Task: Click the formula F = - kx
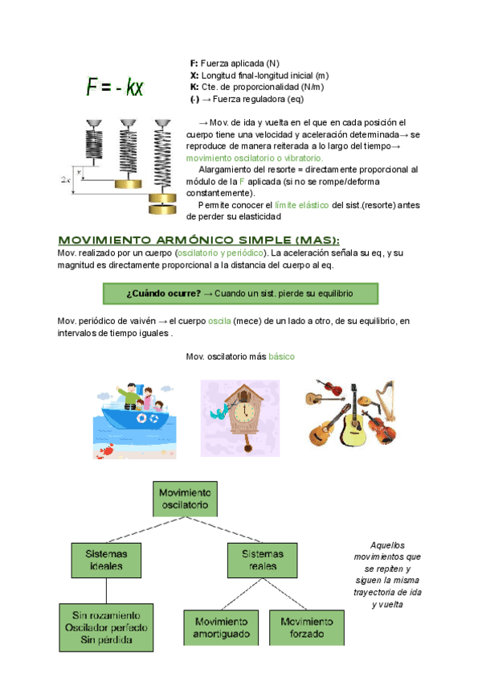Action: tap(115, 87)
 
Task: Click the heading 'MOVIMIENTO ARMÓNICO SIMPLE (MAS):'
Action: tap(198, 240)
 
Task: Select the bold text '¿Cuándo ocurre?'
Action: tap(164, 294)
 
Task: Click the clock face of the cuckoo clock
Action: tap(240, 403)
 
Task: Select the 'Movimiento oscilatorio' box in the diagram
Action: tap(185, 499)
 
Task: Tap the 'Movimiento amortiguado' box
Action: tap(220, 628)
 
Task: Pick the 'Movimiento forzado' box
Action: tap(306, 628)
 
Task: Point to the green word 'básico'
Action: tap(282, 356)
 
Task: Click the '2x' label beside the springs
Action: tap(65, 180)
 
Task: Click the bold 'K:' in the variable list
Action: tap(194, 87)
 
